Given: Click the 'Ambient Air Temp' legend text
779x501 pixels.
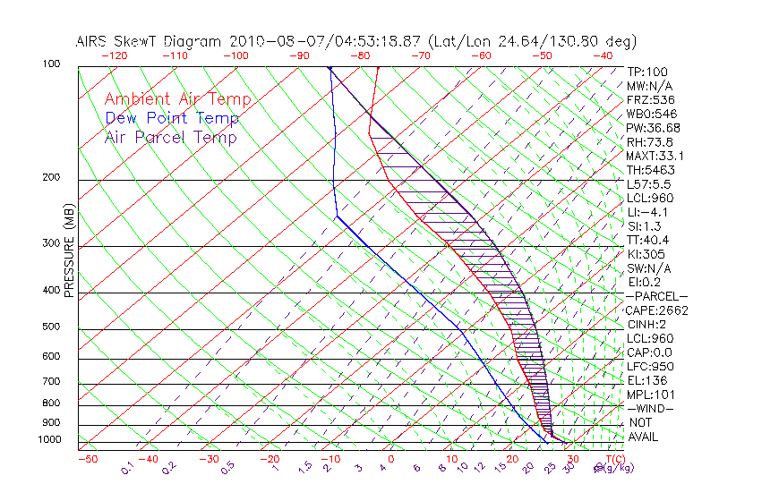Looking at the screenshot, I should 177,99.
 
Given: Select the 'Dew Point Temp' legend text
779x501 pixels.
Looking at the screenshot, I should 171,118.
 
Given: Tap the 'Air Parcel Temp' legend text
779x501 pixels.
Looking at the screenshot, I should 170,137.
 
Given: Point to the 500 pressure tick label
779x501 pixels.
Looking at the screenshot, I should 51,327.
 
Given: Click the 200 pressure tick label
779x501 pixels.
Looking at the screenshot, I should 51,178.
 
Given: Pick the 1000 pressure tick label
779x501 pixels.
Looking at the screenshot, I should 49,440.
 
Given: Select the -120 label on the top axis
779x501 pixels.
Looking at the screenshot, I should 114,55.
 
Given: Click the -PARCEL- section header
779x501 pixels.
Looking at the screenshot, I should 656,296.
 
